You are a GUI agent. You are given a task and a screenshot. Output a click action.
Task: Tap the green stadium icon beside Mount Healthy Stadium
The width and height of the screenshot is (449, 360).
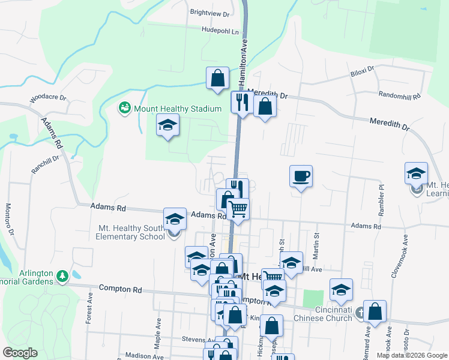coord(124,109)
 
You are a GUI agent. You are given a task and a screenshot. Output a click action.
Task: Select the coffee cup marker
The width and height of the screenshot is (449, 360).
coord(301,176)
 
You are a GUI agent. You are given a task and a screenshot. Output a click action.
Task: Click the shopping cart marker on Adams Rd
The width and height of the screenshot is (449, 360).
coord(238,209)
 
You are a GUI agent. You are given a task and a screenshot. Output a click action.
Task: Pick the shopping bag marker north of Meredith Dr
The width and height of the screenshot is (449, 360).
coord(217,78)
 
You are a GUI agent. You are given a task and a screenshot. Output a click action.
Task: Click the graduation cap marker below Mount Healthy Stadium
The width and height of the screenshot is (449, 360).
coord(168,125)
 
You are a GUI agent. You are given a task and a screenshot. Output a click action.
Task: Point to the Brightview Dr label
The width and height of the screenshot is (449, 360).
coord(209,13)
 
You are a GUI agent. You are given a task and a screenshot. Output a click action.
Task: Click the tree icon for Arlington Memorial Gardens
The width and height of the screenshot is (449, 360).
coord(62,276)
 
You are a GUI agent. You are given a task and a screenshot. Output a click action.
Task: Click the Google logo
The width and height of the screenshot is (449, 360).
coord(20,352)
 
